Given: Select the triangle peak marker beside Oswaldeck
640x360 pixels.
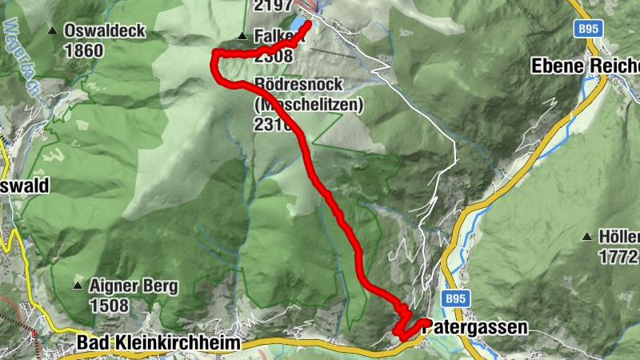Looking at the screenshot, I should pos(52,31).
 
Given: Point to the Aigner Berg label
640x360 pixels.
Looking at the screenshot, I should pos(134,286).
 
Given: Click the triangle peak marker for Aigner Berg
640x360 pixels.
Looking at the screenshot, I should pos(78,286).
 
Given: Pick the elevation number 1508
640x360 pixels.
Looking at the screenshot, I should pos(110,305).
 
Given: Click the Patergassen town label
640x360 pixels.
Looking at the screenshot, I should pos(475,326).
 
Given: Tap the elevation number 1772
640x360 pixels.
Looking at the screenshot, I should pos(618,257).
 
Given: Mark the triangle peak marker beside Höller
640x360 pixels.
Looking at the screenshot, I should pos(587,238).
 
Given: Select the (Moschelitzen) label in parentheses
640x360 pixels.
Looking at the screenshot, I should pos(309,104).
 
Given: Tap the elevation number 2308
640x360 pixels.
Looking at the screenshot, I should pos(272,56).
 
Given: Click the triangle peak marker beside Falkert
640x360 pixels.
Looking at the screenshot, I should pos(242,36).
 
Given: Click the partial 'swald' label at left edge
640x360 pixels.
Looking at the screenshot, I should pos(23,186).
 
